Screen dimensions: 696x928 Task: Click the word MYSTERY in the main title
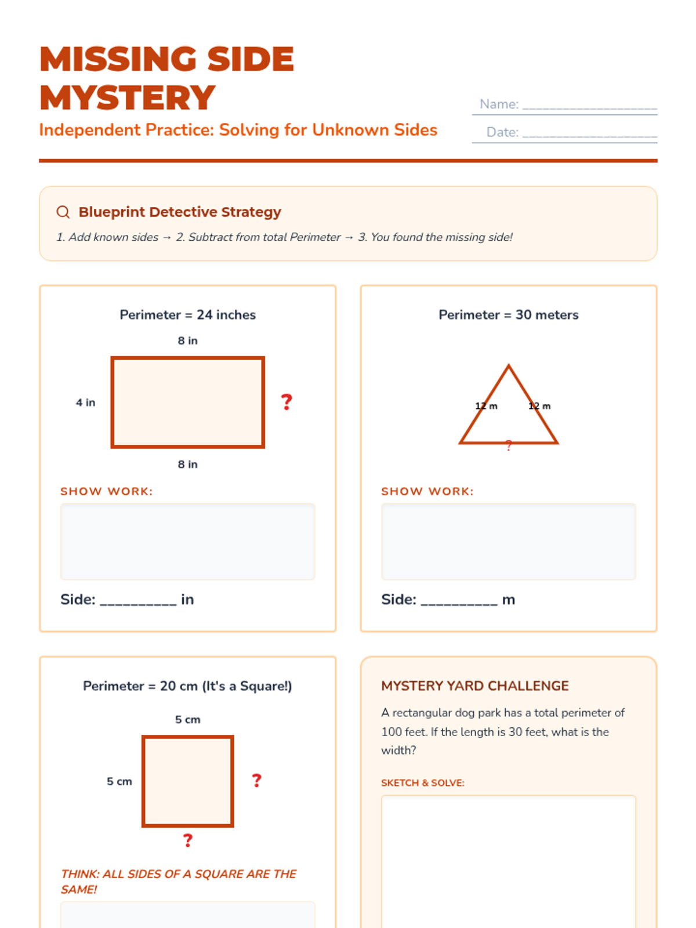[127, 97]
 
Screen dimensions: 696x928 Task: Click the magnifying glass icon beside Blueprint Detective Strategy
[63, 212]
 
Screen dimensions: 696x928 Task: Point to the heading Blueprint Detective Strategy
[180, 212]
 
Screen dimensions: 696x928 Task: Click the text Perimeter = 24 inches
[187, 314]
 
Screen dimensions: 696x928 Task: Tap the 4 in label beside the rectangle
[85, 403]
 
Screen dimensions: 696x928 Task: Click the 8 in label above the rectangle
[187, 340]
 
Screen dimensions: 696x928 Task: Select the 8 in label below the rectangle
[187, 464]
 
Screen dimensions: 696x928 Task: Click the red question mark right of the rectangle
[287, 402]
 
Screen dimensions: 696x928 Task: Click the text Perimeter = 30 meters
[509, 314]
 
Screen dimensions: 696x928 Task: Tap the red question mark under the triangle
[509, 445]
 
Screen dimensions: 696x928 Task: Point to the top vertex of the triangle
[509, 365]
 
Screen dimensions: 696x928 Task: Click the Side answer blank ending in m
[459, 603]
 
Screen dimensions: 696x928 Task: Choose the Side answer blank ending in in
[138, 603]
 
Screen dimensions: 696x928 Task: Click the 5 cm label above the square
[187, 719]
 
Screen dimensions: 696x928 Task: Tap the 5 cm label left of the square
[119, 781]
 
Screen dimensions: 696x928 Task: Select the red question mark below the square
[187, 840]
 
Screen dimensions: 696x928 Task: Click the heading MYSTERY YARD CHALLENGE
[475, 686]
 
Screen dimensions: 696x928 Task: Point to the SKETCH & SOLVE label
[423, 782]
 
